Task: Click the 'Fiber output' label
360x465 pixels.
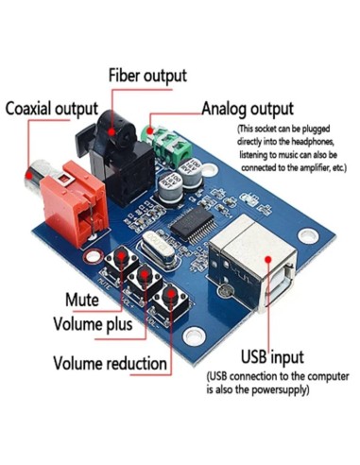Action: pyautogui.click(x=146, y=75)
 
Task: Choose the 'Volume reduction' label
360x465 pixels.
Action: pyautogui.click(x=111, y=362)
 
